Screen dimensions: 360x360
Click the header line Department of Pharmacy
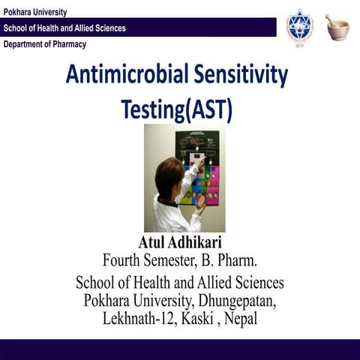pyautogui.click(x=45, y=44)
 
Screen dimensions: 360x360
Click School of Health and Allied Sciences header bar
pyautogui.click(x=65, y=28)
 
